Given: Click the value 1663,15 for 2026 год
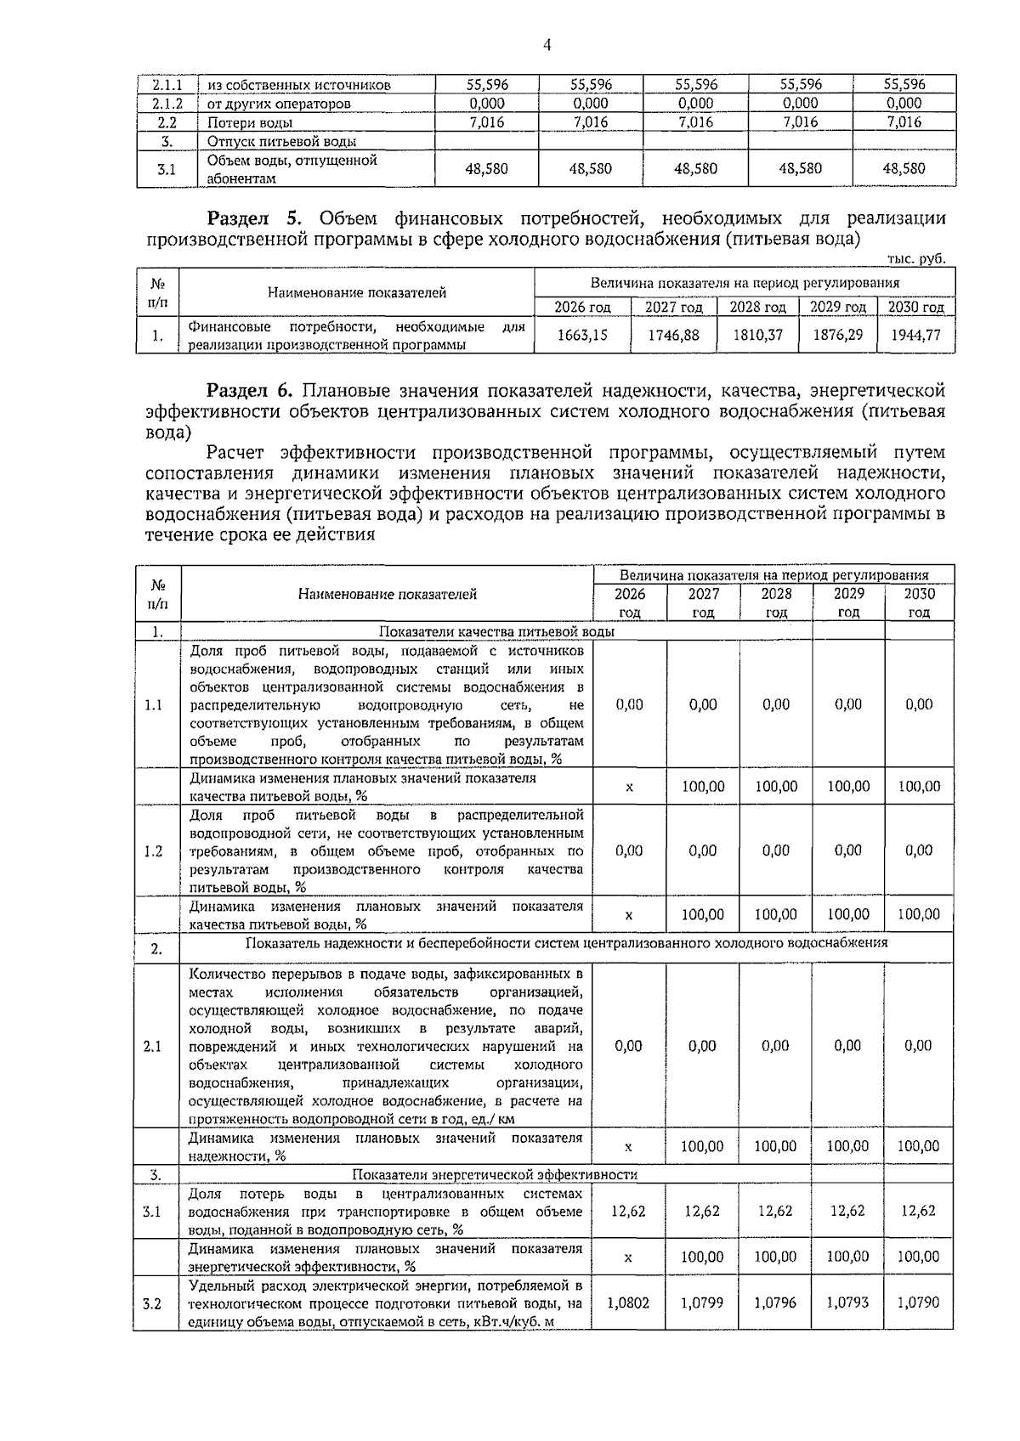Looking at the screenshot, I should [582, 335].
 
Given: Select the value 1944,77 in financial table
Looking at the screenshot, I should [915, 335].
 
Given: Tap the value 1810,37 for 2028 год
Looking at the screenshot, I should [757, 335].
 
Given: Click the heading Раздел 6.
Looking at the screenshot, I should [250, 391].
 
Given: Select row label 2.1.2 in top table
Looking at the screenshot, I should [167, 104].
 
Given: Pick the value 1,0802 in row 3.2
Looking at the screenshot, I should [628, 1302].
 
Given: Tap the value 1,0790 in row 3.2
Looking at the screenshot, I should [918, 1302].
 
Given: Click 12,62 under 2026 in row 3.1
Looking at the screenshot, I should [628, 1211].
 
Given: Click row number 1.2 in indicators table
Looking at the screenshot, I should [154, 850].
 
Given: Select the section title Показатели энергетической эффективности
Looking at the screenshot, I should [495, 1174].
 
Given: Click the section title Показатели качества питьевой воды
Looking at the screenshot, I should [496, 631].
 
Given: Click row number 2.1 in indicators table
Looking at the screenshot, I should [154, 1046].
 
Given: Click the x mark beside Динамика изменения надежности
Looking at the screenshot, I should [628, 1146].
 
